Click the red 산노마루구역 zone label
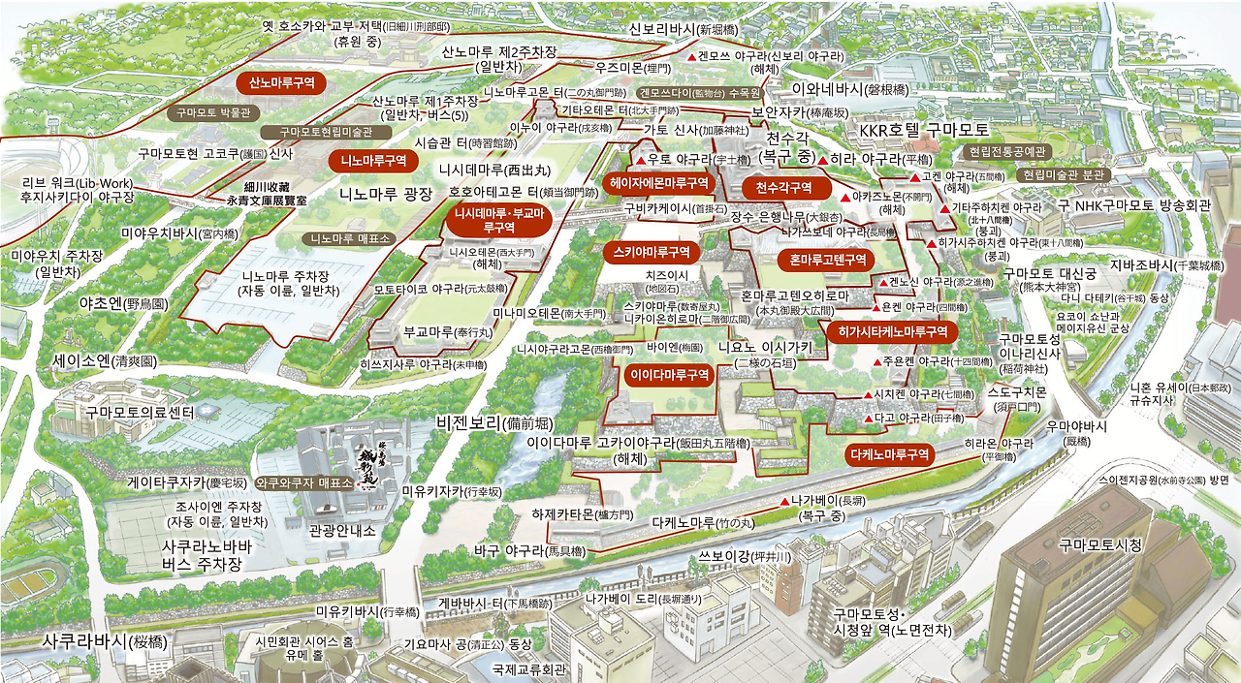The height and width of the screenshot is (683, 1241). coord(281,83)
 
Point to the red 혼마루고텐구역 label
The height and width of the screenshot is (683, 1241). coord(826,260)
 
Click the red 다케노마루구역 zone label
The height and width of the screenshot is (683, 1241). coord(890,453)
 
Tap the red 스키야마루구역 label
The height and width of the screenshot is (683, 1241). coord(652,252)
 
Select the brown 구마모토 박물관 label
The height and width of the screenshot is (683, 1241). coord(213,112)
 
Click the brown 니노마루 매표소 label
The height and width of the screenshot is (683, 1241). coord(346,237)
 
